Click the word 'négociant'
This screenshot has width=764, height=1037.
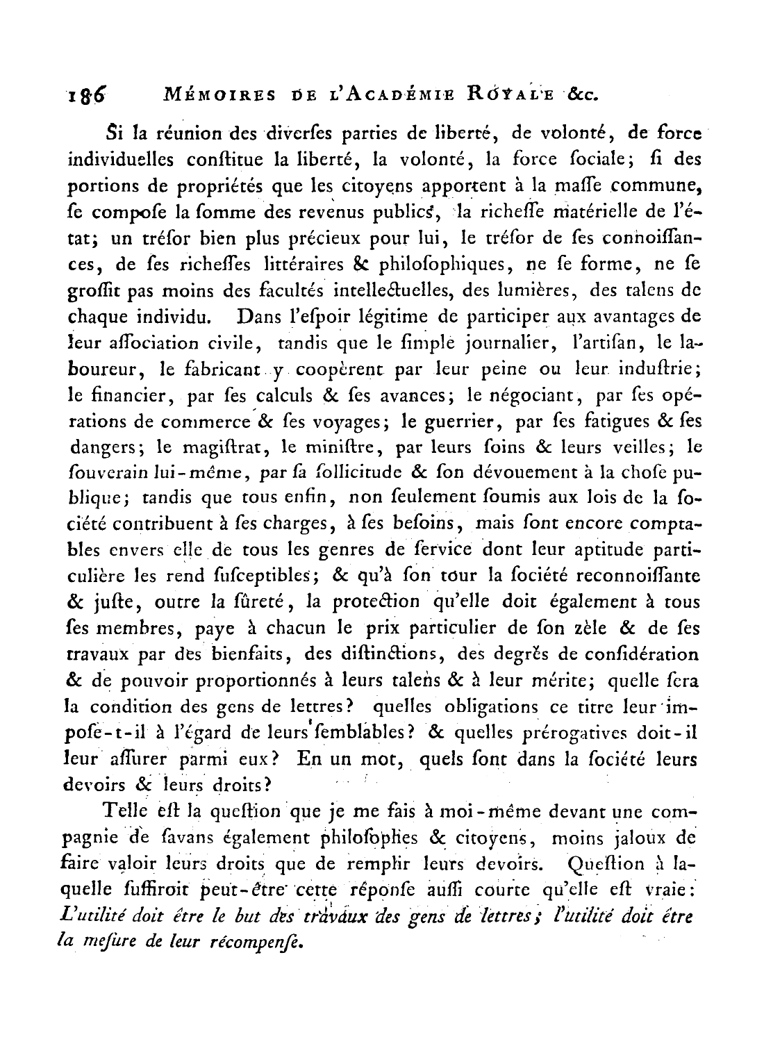point(520,395)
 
